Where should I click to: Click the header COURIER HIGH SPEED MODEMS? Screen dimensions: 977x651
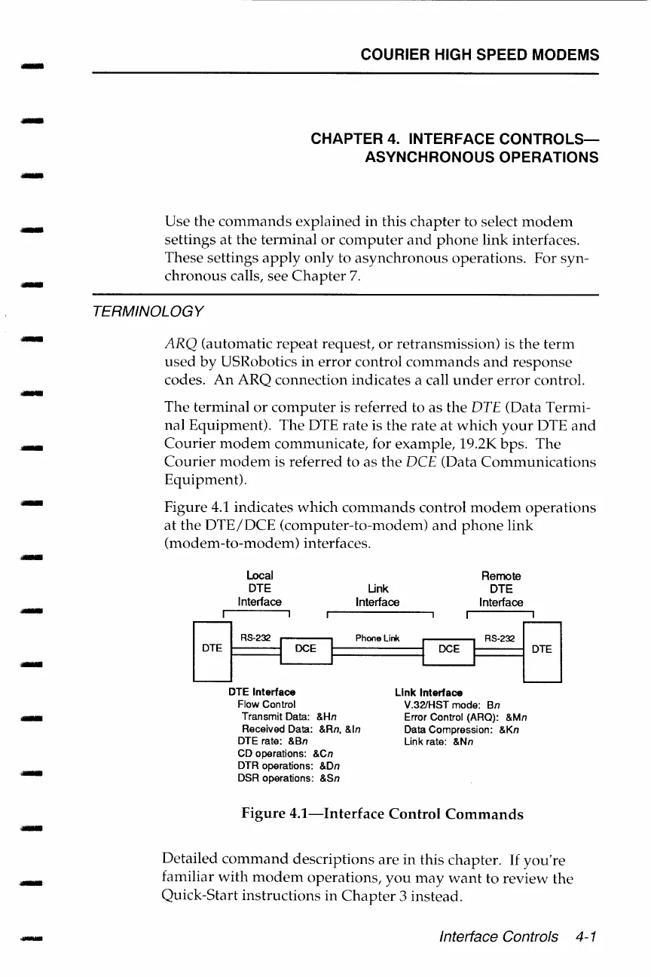pos(479,55)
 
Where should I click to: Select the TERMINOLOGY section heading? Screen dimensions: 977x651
pos(145,311)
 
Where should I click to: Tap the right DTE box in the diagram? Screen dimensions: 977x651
pos(542,648)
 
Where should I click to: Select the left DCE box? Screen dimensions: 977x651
pos(305,648)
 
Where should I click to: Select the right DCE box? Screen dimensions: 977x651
pos(449,648)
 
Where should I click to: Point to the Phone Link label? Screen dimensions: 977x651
pos(377,639)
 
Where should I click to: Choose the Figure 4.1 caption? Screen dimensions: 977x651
pos(382,814)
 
